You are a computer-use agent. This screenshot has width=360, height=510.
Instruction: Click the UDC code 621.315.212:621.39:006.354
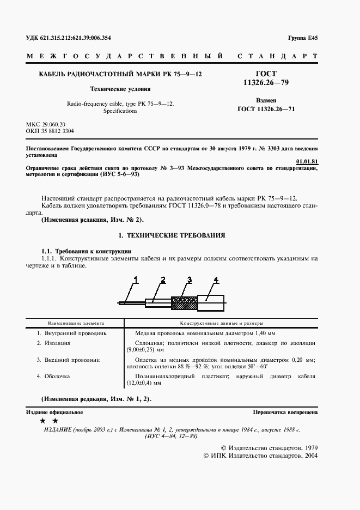click(x=76, y=38)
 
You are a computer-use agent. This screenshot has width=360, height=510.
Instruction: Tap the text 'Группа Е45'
click(x=302, y=38)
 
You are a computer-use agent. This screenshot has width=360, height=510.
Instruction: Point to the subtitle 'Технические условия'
click(x=120, y=88)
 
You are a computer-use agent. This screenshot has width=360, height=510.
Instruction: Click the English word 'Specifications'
click(x=120, y=111)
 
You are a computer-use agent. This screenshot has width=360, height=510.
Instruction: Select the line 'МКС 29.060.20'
click(x=46, y=125)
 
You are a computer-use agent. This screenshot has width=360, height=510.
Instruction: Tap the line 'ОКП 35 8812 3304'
click(x=50, y=131)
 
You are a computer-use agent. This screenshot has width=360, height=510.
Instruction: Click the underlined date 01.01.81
click(x=307, y=162)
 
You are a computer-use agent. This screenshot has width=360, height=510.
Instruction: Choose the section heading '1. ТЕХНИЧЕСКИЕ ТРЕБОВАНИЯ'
click(x=172, y=235)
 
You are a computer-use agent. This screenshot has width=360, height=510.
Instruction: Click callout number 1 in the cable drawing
click(x=135, y=280)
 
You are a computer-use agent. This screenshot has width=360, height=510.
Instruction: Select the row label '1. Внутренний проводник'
click(x=71, y=332)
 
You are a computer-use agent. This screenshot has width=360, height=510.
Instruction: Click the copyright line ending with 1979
click(x=274, y=447)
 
